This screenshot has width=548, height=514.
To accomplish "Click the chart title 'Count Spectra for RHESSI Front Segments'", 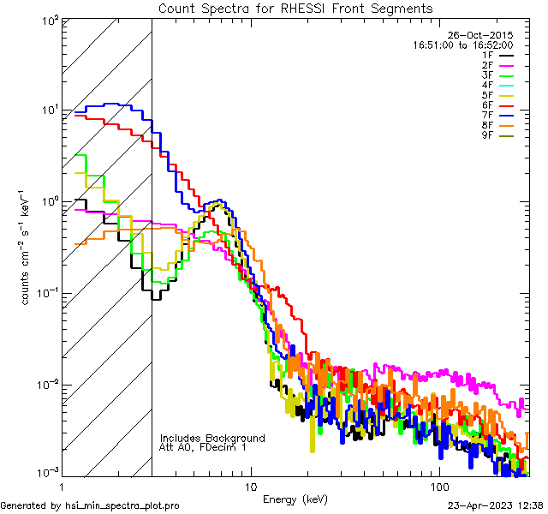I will point(295,8).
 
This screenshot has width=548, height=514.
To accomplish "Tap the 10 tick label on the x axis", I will point(249,487).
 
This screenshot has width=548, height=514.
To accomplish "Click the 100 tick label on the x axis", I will point(438,487).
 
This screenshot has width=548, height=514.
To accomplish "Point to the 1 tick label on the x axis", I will point(57,487).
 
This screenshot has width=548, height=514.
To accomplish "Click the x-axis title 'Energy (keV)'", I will point(295,499).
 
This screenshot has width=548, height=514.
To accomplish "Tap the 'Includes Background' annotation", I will point(212,439).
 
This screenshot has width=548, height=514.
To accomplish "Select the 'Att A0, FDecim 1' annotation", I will point(203,448).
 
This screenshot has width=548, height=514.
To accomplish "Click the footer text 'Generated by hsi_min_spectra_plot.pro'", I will point(90,506).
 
